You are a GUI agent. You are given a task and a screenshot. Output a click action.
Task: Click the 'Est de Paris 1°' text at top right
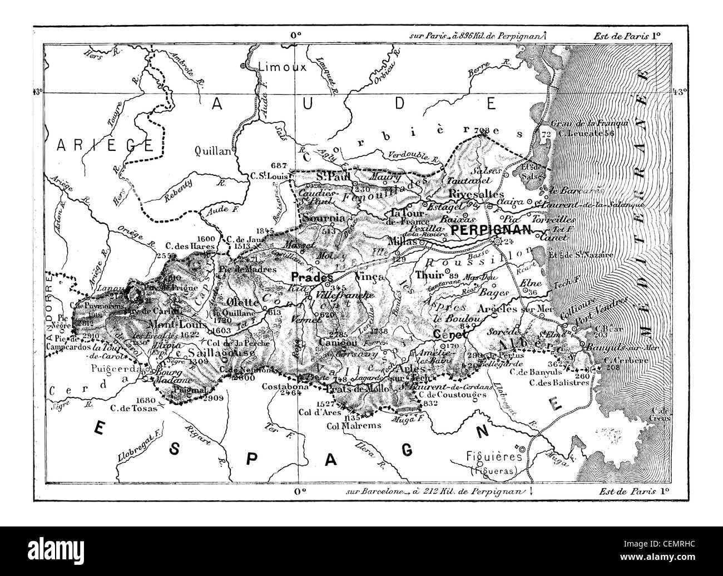(630, 34)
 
